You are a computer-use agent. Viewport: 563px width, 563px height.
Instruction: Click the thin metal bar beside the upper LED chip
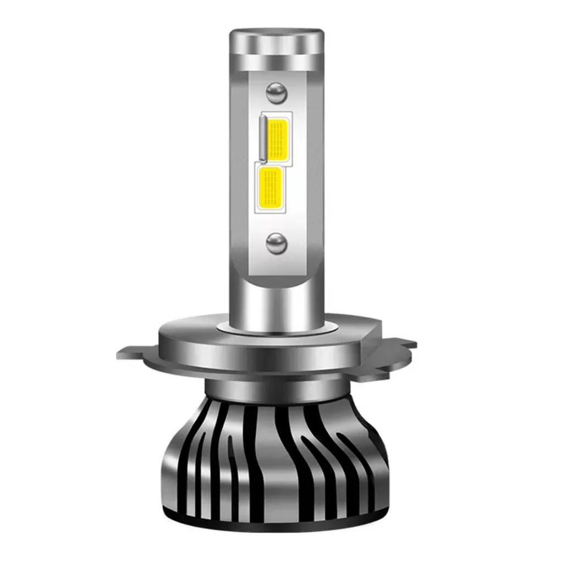[x=263, y=139]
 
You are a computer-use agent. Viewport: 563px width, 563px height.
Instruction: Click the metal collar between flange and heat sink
[x=275, y=391]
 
